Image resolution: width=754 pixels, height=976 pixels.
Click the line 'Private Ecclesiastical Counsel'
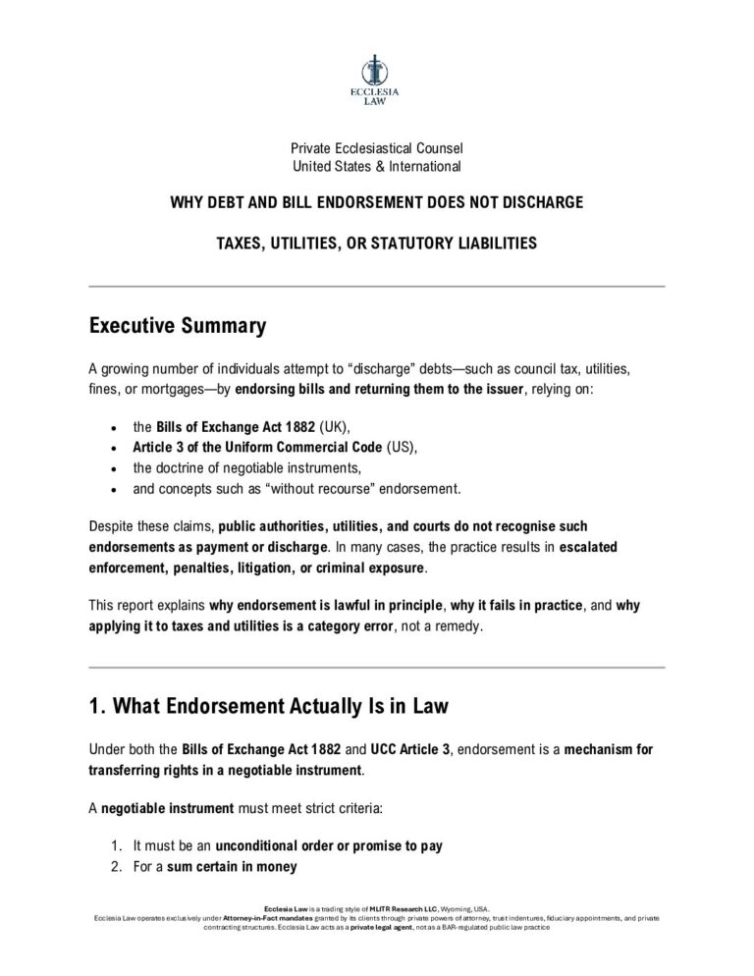coord(377,148)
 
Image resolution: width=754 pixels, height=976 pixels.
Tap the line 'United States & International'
coord(377,166)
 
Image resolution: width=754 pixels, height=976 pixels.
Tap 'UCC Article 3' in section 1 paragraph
coord(409,750)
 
